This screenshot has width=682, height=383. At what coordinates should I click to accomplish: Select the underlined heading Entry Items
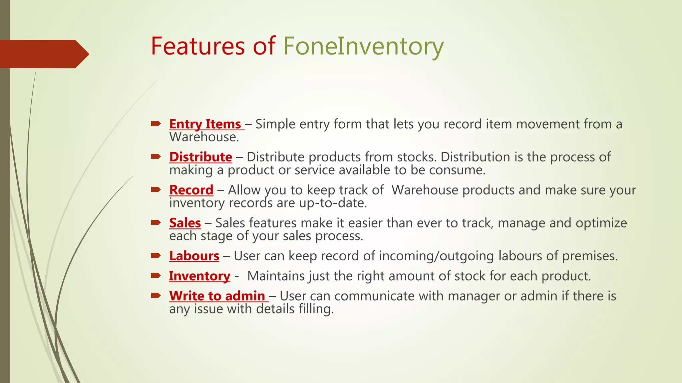tap(205, 124)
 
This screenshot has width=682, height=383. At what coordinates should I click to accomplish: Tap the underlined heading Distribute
tap(200, 157)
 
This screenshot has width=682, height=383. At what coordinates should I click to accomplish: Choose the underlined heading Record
tap(191, 190)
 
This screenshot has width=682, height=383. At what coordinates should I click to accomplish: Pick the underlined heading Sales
tap(185, 223)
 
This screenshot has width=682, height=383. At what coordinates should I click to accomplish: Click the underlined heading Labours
tap(194, 256)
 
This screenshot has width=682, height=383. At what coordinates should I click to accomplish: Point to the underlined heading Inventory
tap(199, 276)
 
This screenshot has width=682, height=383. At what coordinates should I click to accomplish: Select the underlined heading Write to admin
tap(217, 296)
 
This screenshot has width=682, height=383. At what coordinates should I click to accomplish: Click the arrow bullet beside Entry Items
tap(156, 124)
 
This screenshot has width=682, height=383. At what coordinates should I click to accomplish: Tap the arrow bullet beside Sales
tap(156, 222)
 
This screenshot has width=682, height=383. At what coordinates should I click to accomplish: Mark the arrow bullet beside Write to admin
tap(156, 296)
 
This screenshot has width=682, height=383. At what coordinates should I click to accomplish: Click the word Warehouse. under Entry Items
tap(204, 137)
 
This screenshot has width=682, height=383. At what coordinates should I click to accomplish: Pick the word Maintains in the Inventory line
tap(276, 276)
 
